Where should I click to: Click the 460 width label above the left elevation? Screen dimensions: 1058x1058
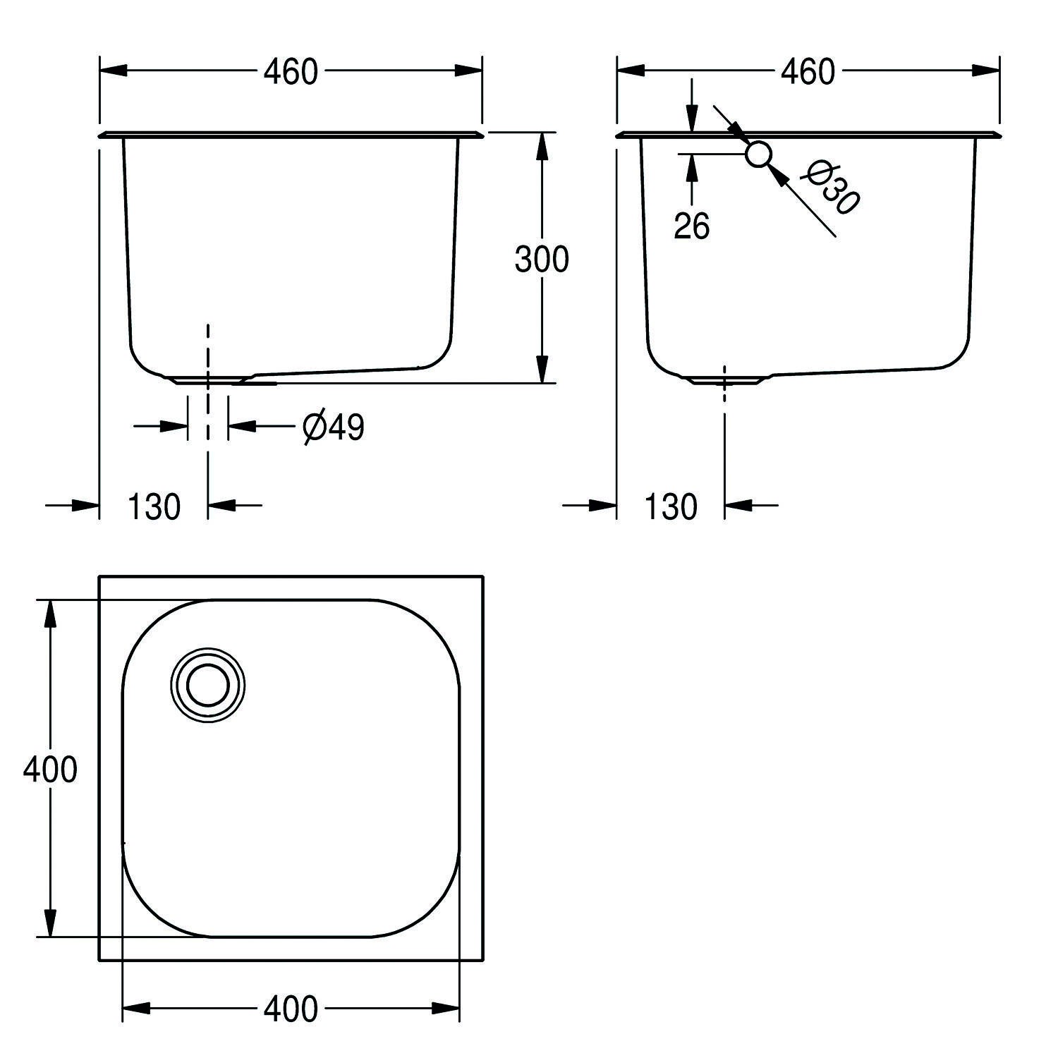coord(291,71)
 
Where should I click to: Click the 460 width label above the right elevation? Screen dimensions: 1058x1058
coord(808,71)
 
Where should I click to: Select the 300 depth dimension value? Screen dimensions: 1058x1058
coord(542,259)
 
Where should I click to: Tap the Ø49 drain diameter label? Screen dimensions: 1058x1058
coord(334,427)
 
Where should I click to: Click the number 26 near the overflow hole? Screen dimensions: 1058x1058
coord(691,226)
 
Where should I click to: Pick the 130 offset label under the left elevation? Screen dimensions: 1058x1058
coord(154,506)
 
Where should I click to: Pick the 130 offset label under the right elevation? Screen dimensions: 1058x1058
coord(671,506)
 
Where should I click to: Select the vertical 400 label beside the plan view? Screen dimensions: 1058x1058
coord(49,769)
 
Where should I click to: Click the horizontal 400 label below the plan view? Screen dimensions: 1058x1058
coord(291,1009)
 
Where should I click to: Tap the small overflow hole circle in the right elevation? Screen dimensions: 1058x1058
coord(759,154)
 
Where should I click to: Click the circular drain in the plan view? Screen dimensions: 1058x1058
coord(208,685)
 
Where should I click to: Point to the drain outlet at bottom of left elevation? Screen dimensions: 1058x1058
coord(208,379)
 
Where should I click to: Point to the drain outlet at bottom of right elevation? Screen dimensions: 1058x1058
coord(724,379)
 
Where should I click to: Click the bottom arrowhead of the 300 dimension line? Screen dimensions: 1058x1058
coord(541,370)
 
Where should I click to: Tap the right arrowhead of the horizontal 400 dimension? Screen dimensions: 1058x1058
coord(446,1009)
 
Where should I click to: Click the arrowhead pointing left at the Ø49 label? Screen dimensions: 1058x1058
coord(241,426)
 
